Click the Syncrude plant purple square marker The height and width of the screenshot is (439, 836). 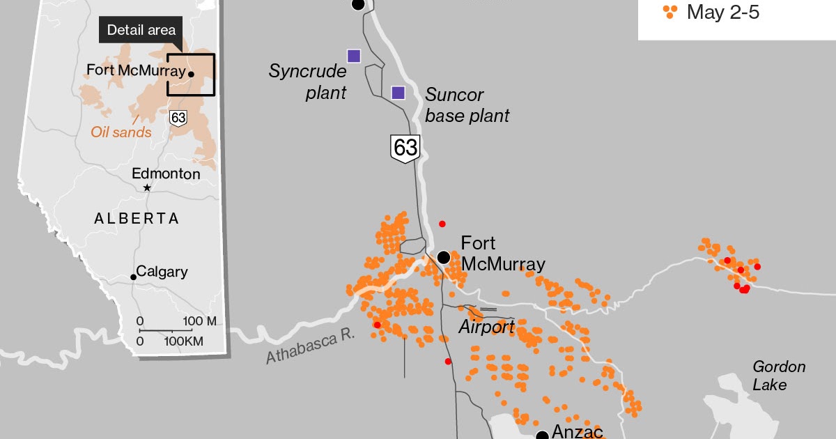coord(354,56)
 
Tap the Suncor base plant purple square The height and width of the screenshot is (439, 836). coord(398,93)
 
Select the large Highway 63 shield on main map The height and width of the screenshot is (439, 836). coord(405,148)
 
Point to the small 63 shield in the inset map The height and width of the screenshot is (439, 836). coord(178,118)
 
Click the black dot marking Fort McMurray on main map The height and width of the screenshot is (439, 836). coord(443,258)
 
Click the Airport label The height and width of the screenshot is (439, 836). coord(486,327)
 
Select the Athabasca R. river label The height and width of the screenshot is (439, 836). coord(310,346)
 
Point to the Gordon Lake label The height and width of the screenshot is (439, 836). coord(779,376)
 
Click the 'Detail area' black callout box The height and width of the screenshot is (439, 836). coord(141,30)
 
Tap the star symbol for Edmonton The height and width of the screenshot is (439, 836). coord(147,188)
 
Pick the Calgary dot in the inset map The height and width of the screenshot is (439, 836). coord(133,277)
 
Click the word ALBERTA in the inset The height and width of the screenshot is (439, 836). coord(137,219)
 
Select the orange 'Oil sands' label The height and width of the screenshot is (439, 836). coord(121,132)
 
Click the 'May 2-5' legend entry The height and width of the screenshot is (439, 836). coord(721,12)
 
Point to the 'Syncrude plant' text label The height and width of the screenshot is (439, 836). coord(308,82)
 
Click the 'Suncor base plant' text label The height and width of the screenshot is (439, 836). coord(467,105)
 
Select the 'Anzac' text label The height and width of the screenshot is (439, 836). coord(576,431)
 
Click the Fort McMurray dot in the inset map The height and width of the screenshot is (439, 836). coord(191,73)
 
